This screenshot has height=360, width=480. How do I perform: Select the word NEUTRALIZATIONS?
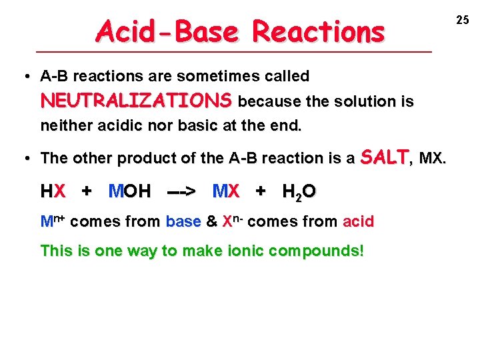[136, 101]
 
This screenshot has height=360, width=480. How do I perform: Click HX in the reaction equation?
[53, 192]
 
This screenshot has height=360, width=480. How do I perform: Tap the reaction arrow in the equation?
[181, 192]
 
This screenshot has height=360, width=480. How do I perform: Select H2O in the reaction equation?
[299, 193]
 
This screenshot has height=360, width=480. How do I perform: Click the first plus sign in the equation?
[87, 192]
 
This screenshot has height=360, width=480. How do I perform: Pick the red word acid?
[358, 221]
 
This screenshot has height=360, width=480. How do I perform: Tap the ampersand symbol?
[211, 221]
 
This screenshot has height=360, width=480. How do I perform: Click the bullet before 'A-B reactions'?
[25, 77]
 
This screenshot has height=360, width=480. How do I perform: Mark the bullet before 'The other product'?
[25, 159]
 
